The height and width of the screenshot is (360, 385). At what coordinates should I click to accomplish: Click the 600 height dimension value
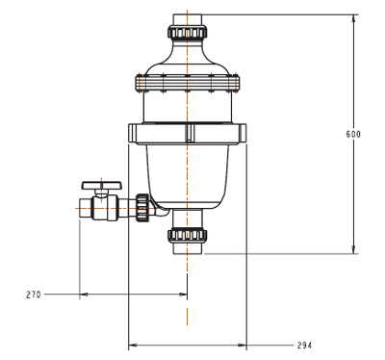(353, 134)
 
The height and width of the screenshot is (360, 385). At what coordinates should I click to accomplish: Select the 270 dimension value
(34, 295)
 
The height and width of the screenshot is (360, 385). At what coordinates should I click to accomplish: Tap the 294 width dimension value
(304, 346)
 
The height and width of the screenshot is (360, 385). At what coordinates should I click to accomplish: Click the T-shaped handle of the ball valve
(102, 186)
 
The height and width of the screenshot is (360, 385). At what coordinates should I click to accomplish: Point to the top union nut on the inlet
(187, 32)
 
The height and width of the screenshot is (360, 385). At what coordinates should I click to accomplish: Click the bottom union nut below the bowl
(188, 235)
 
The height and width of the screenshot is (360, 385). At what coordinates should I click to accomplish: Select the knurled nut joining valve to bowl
(141, 208)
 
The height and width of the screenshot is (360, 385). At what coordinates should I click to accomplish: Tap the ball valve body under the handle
(105, 208)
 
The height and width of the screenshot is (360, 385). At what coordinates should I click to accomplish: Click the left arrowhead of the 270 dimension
(84, 294)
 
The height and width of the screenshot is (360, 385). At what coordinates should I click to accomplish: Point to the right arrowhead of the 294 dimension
(243, 345)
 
